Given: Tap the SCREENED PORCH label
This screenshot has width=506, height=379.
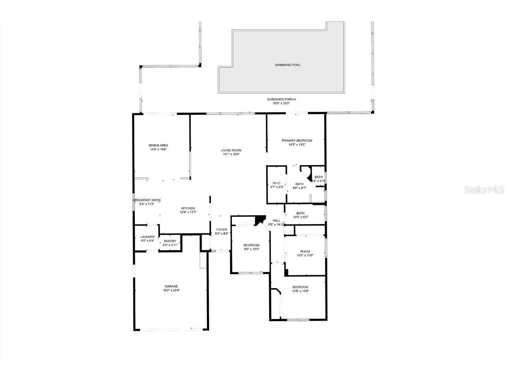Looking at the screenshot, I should (x=281, y=99).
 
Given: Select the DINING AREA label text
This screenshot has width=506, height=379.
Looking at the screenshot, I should (x=158, y=145).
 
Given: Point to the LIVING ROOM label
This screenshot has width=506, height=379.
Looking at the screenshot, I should (x=231, y=150).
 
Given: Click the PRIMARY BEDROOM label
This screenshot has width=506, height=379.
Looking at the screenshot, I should (x=297, y=140).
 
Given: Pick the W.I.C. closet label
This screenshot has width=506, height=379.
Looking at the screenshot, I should (x=277, y=183).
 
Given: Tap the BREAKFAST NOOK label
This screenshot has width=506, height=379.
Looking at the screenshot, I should (x=147, y=200).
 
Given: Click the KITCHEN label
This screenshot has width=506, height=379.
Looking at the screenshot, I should (x=188, y=208).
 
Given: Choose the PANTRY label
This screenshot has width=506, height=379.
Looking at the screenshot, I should (x=170, y=241).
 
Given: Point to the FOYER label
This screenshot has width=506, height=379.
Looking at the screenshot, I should (x=222, y=229).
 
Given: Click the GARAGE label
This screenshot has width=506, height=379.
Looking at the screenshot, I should (x=171, y=286).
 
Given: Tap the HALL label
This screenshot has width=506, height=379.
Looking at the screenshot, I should (x=276, y=221).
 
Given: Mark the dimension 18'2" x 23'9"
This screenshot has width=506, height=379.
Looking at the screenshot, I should (x=171, y=290).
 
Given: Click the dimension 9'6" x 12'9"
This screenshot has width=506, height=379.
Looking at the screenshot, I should (x=252, y=249).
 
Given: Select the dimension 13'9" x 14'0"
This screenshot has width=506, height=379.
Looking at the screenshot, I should (x=300, y=291).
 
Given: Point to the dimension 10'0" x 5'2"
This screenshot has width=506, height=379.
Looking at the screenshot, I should (x=300, y=217).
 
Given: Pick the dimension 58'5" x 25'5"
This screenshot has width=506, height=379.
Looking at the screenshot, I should (x=281, y=104).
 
